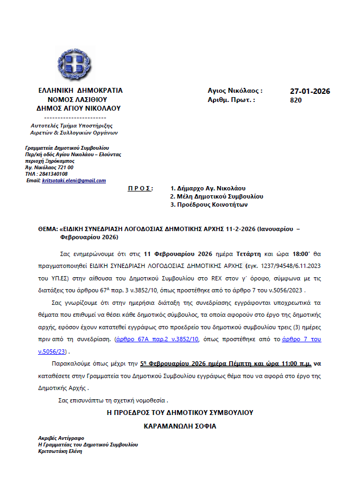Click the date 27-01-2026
(x=310, y=91)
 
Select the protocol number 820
(x=296, y=100)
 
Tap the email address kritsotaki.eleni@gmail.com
(x=74, y=181)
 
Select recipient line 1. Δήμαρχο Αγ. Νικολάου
(x=208, y=188)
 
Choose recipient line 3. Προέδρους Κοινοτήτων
(x=209, y=205)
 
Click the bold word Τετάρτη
(x=245, y=253)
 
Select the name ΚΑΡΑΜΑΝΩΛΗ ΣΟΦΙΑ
(x=180, y=426)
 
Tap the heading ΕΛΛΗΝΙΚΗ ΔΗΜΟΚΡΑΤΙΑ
(x=81, y=91)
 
